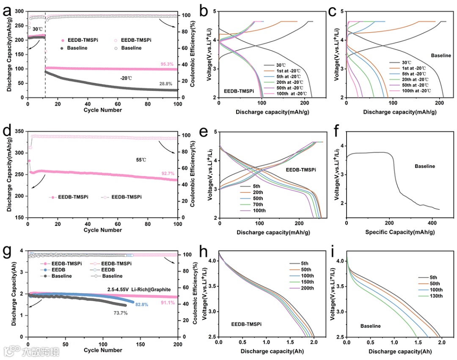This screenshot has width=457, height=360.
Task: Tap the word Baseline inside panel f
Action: [x=424, y=166]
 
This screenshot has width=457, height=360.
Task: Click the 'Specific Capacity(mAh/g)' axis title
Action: [x=394, y=232]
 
